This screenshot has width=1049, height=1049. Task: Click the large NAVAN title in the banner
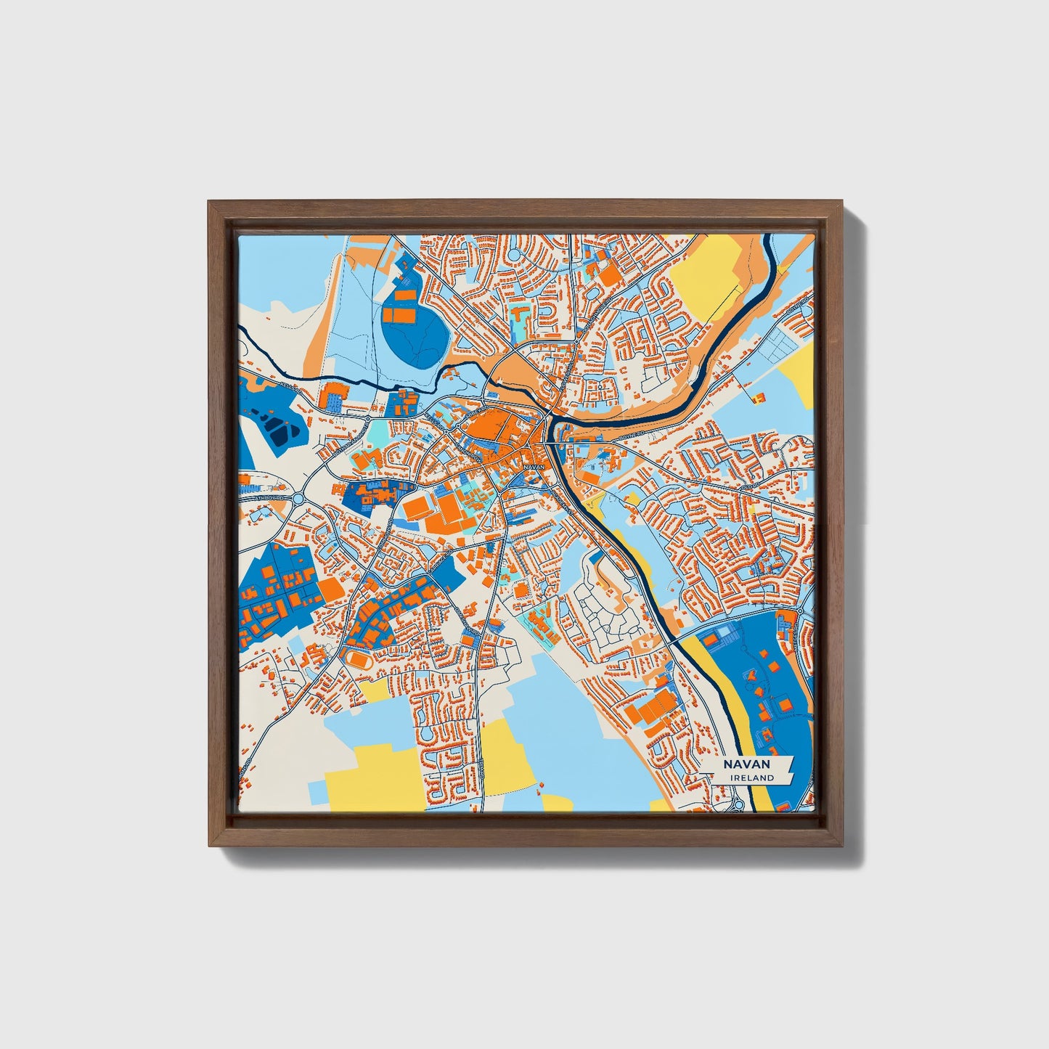(x=746, y=764)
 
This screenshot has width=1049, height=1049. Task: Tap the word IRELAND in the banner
(x=753, y=777)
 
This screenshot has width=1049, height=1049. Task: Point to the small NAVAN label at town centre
(x=533, y=467)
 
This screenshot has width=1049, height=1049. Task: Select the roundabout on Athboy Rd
(x=299, y=499)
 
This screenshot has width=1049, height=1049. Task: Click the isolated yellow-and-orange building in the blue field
(x=759, y=396)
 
